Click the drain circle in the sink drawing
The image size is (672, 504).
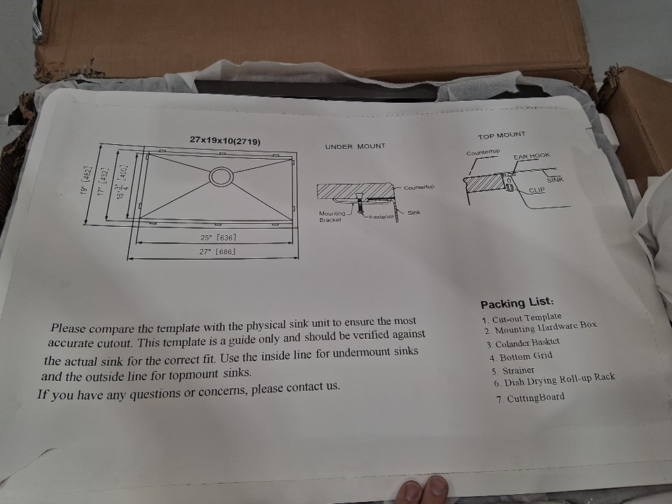[221, 176]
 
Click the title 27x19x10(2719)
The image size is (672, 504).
[225, 141]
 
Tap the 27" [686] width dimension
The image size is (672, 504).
[217, 251]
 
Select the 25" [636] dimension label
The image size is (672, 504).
[218, 237]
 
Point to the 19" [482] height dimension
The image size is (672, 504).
[85, 181]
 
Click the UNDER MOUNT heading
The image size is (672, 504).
[355, 146]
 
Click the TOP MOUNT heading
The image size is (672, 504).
[501, 136]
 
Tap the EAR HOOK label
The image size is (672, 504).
[531, 155]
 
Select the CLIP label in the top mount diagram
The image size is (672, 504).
[537, 190]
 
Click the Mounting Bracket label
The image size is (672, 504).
[332, 216]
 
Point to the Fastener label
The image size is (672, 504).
[381, 217]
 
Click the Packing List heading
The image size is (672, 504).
[517, 303]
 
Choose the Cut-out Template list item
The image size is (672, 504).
[521, 318]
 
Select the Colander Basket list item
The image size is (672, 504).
[523, 343]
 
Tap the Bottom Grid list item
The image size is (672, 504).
[521, 356]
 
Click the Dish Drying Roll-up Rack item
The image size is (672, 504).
[554, 379]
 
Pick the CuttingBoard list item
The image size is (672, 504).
[531, 398]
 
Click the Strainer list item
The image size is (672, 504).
[513, 371]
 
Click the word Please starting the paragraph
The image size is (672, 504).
[68, 328]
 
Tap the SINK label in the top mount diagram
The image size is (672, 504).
[555, 180]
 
